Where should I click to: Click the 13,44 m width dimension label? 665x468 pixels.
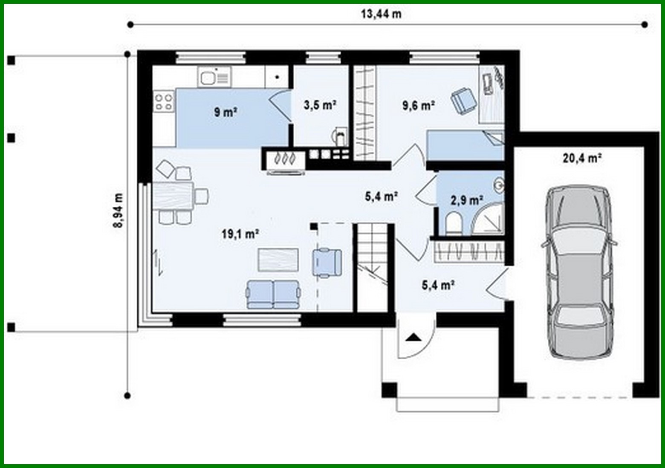(381, 14)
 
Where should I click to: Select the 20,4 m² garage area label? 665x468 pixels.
(582, 158)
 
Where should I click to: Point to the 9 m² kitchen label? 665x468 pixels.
(226, 112)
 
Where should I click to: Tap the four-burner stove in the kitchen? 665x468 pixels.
(164, 101)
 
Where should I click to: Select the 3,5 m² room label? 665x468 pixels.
(320, 105)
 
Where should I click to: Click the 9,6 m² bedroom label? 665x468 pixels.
(418, 105)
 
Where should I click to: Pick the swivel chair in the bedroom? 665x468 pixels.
(464, 101)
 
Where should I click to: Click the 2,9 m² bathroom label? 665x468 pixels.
(467, 200)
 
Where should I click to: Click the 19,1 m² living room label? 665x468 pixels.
(240, 234)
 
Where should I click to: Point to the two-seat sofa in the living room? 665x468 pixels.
(273, 294)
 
